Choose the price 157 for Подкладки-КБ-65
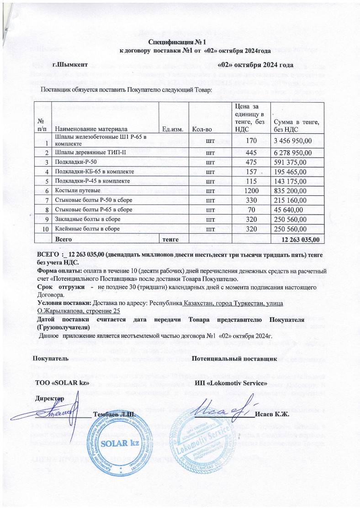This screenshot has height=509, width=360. tap(249, 171)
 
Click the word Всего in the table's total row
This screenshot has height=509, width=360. tap(64, 238)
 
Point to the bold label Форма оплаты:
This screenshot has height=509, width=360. tap(60, 270)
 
